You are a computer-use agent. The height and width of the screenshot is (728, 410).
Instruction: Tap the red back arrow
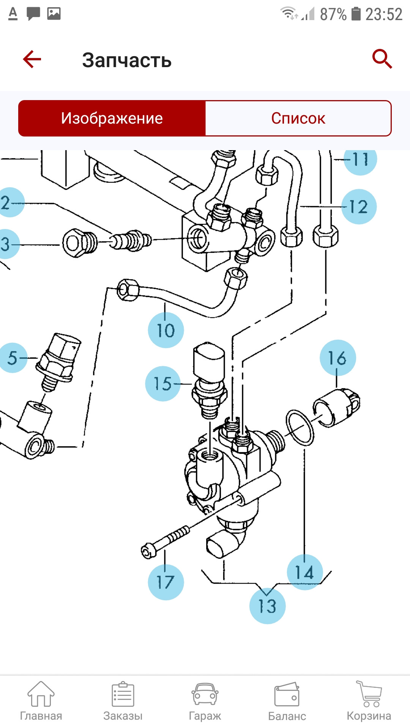(x=32, y=59)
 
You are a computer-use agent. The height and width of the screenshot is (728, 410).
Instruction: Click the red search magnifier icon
(x=382, y=59)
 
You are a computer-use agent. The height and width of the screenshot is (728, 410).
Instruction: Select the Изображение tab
(x=112, y=118)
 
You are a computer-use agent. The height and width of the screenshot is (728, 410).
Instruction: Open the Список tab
(x=298, y=118)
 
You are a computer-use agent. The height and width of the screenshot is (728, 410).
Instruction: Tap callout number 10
(x=166, y=330)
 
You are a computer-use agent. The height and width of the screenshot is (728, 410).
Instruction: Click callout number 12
(x=359, y=207)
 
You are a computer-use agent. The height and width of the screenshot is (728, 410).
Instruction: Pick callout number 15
(x=163, y=384)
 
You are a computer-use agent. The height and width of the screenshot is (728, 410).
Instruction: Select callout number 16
(x=337, y=358)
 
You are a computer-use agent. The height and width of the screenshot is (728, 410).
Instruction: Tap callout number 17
(x=166, y=582)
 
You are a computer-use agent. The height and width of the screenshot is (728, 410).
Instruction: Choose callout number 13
(x=267, y=606)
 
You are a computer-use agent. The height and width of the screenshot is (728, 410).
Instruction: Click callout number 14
(x=305, y=572)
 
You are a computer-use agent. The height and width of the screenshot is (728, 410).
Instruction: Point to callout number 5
(x=13, y=358)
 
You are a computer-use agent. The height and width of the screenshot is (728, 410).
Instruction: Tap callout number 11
(x=360, y=159)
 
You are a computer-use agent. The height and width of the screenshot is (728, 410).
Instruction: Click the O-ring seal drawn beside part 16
(x=300, y=427)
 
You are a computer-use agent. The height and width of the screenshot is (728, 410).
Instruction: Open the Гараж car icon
(x=205, y=695)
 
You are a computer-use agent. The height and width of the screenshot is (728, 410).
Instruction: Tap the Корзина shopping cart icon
(x=369, y=694)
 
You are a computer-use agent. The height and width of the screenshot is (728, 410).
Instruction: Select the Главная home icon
(x=41, y=694)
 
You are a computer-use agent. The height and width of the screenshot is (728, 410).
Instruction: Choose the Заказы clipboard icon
(x=123, y=694)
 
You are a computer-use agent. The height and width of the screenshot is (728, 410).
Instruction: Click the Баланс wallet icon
(x=287, y=694)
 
